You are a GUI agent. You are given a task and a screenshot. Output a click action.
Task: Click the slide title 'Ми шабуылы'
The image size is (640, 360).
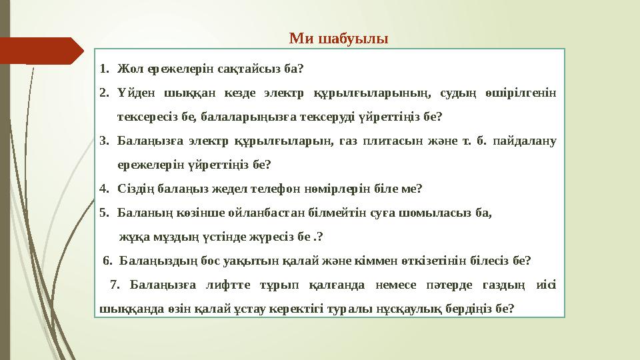[x=339, y=37]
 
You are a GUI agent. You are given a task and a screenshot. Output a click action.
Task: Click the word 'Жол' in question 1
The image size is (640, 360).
[x=128, y=68]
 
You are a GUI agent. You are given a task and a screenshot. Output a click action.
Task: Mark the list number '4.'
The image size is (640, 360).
[x=104, y=189]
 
